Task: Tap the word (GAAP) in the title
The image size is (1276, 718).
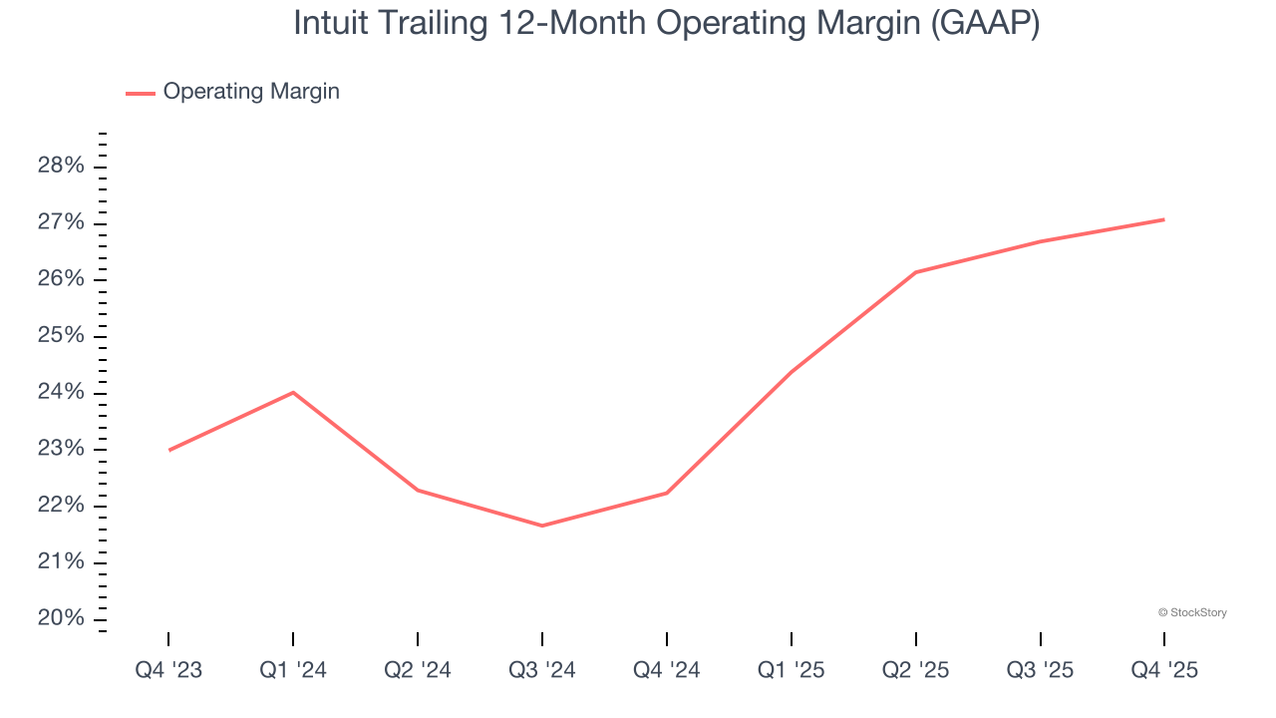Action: click(x=985, y=23)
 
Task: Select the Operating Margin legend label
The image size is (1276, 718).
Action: click(x=251, y=92)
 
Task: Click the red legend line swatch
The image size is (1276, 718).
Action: click(x=141, y=93)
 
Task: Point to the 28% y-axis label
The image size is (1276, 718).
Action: click(x=61, y=166)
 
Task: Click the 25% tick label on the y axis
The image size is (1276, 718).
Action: click(x=61, y=335)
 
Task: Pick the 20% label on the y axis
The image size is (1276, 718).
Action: click(x=61, y=618)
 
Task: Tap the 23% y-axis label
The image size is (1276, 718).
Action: click(x=61, y=449)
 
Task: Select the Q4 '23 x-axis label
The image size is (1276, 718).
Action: click(x=168, y=670)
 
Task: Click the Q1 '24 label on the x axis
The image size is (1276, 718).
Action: click(x=293, y=670)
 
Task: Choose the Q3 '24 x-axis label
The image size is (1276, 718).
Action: click(x=542, y=670)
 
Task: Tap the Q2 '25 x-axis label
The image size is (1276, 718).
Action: click(x=915, y=670)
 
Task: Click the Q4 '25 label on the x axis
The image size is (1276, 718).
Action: click(x=1164, y=670)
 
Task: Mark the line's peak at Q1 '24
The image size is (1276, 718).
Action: click(x=293, y=392)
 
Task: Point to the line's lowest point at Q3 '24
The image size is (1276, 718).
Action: click(x=542, y=526)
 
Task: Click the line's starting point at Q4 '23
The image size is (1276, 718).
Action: click(x=168, y=450)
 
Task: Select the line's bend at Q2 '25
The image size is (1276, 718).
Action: click(x=915, y=272)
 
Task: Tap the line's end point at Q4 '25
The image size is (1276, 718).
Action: click(x=1164, y=219)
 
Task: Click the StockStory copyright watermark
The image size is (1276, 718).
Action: click(x=1192, y=612)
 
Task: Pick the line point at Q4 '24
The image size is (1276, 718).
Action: click(x=667, y=493)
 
